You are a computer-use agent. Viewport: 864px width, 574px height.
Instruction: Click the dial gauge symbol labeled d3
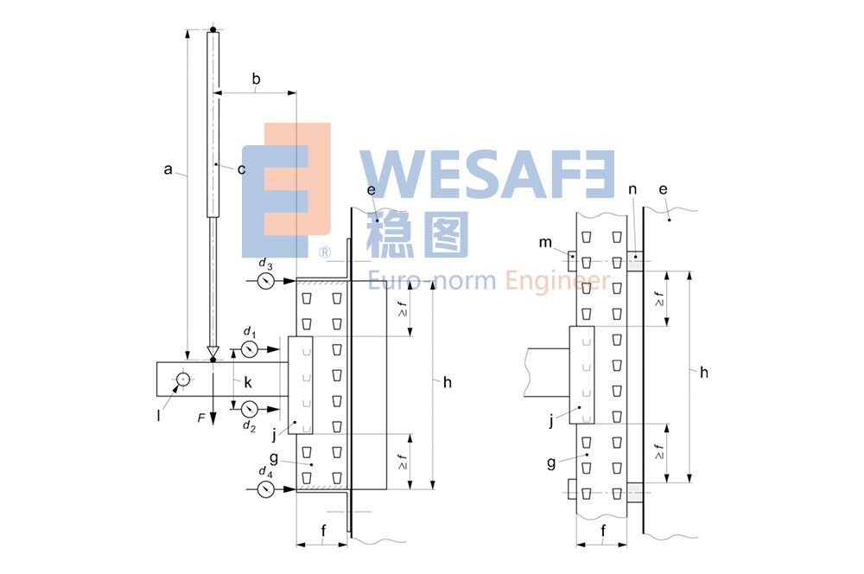pos(266,281)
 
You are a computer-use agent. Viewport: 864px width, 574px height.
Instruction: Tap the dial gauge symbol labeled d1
pos(249,349)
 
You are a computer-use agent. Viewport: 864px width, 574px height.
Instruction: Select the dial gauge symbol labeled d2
pos(249,407)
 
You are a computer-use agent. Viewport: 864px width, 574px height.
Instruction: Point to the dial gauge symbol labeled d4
pos(266,489)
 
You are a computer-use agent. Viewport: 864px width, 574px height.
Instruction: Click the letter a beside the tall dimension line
pos(168,169)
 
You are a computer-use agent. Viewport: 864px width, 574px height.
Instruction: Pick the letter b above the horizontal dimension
pos(256,80)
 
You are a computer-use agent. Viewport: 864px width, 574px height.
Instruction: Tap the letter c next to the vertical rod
pos(242,169)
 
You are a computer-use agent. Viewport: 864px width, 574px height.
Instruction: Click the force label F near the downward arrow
pos(201,418)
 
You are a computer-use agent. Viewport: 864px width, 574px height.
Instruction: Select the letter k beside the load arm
pos(247,380)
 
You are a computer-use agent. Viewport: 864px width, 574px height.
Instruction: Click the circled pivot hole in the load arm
pos(183,379)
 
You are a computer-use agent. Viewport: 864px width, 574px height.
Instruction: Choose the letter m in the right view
pos(545,243)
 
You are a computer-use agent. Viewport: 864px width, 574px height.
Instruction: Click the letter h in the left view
pos(447,382)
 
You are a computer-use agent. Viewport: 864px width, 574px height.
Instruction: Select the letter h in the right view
pos(704,372)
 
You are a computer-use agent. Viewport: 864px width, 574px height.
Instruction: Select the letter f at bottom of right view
pos(603,529)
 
